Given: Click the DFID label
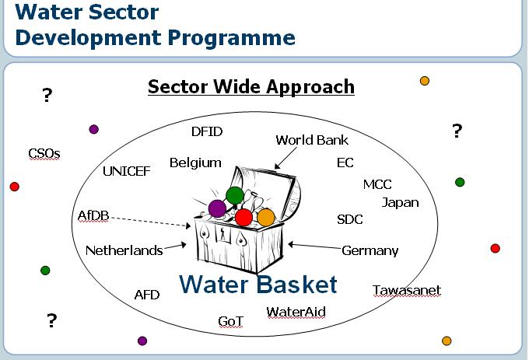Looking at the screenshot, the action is pyautogui.click(x=207, y=131).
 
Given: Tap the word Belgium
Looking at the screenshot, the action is pyautogui.click(x=195, y=163).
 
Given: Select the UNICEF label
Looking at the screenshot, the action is pyautogui.click(x=127, y=171).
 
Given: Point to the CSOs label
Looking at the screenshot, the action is pyautogui.click(x=44, y=154).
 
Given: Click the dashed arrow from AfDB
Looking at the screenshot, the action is pyautogui.click(x=151, y=222).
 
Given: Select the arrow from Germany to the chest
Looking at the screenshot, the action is pyautogui.click(x=315, y=246).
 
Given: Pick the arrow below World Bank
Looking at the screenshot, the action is pyautogui.click(x=286, y=158).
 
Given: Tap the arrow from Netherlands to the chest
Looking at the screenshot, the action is pyautogui.click(x=175, y=246).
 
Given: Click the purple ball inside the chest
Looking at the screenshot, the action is pyautogui.click(x=217, y=208).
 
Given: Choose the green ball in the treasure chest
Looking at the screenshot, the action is pyautogui.click(x=235, y=195).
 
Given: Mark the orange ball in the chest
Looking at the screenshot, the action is pyautogui.click(x=266, y=218).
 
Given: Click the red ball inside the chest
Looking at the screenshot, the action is pyautogui.click(x=243, y=218).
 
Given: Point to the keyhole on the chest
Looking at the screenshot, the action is pyautogui.click(x=222, y=233).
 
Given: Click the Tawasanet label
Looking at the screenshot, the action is pyautogui.click(x=407, y=290).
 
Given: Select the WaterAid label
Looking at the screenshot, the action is pyautogui.click(x=296, y=312).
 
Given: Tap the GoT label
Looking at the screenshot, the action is pyautogui.click(x=231, y=321).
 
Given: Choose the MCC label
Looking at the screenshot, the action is pyautogui.click(x=377, y=184).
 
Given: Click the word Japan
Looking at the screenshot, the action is pyautogui.click(x=401, y=203).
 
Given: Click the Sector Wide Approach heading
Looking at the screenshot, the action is pyautogui.click(x=251, y=86).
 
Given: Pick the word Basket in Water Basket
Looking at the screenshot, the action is pyautogui.click(x=297, y=284).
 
